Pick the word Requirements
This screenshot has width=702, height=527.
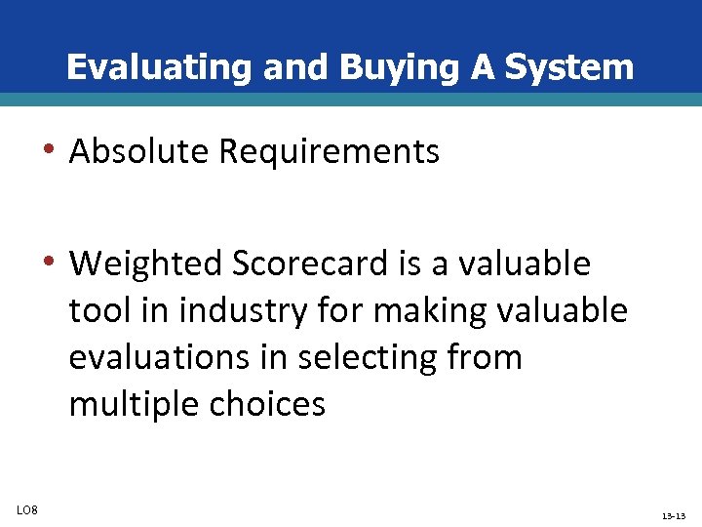click(x=330, y=151)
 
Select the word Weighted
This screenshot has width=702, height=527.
click(x=147, y=263)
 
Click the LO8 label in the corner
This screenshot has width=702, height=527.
click(x=26, y=508)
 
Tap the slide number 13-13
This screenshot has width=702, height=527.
click(x=674, y=514)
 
